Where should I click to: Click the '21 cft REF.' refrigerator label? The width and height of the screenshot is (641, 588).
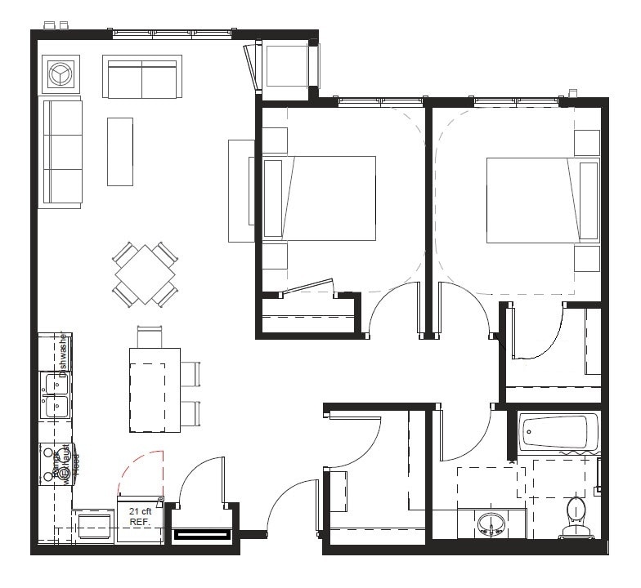(x=139, y=516)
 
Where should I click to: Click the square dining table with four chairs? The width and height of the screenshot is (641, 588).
(x=145, y=274)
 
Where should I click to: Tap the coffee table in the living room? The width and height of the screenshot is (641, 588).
(x=119, y=151)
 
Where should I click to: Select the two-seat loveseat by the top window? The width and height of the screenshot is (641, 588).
(x=141, y=78)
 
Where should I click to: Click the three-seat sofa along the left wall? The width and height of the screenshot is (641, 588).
(x=61, y=153)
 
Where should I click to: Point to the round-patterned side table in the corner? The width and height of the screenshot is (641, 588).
(x=60, y=74)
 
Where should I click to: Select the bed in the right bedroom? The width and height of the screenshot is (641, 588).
(x=540, y=199)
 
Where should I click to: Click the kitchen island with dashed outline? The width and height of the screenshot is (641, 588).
(x=155, y=390)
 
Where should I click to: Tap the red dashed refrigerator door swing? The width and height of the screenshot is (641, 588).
(x=141, y=473)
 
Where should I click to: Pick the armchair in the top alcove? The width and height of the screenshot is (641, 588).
(x=285, y=68)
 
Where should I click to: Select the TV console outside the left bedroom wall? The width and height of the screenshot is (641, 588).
(x=241, y=190)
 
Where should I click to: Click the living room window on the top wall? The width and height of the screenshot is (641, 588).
(x=171, y=34)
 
